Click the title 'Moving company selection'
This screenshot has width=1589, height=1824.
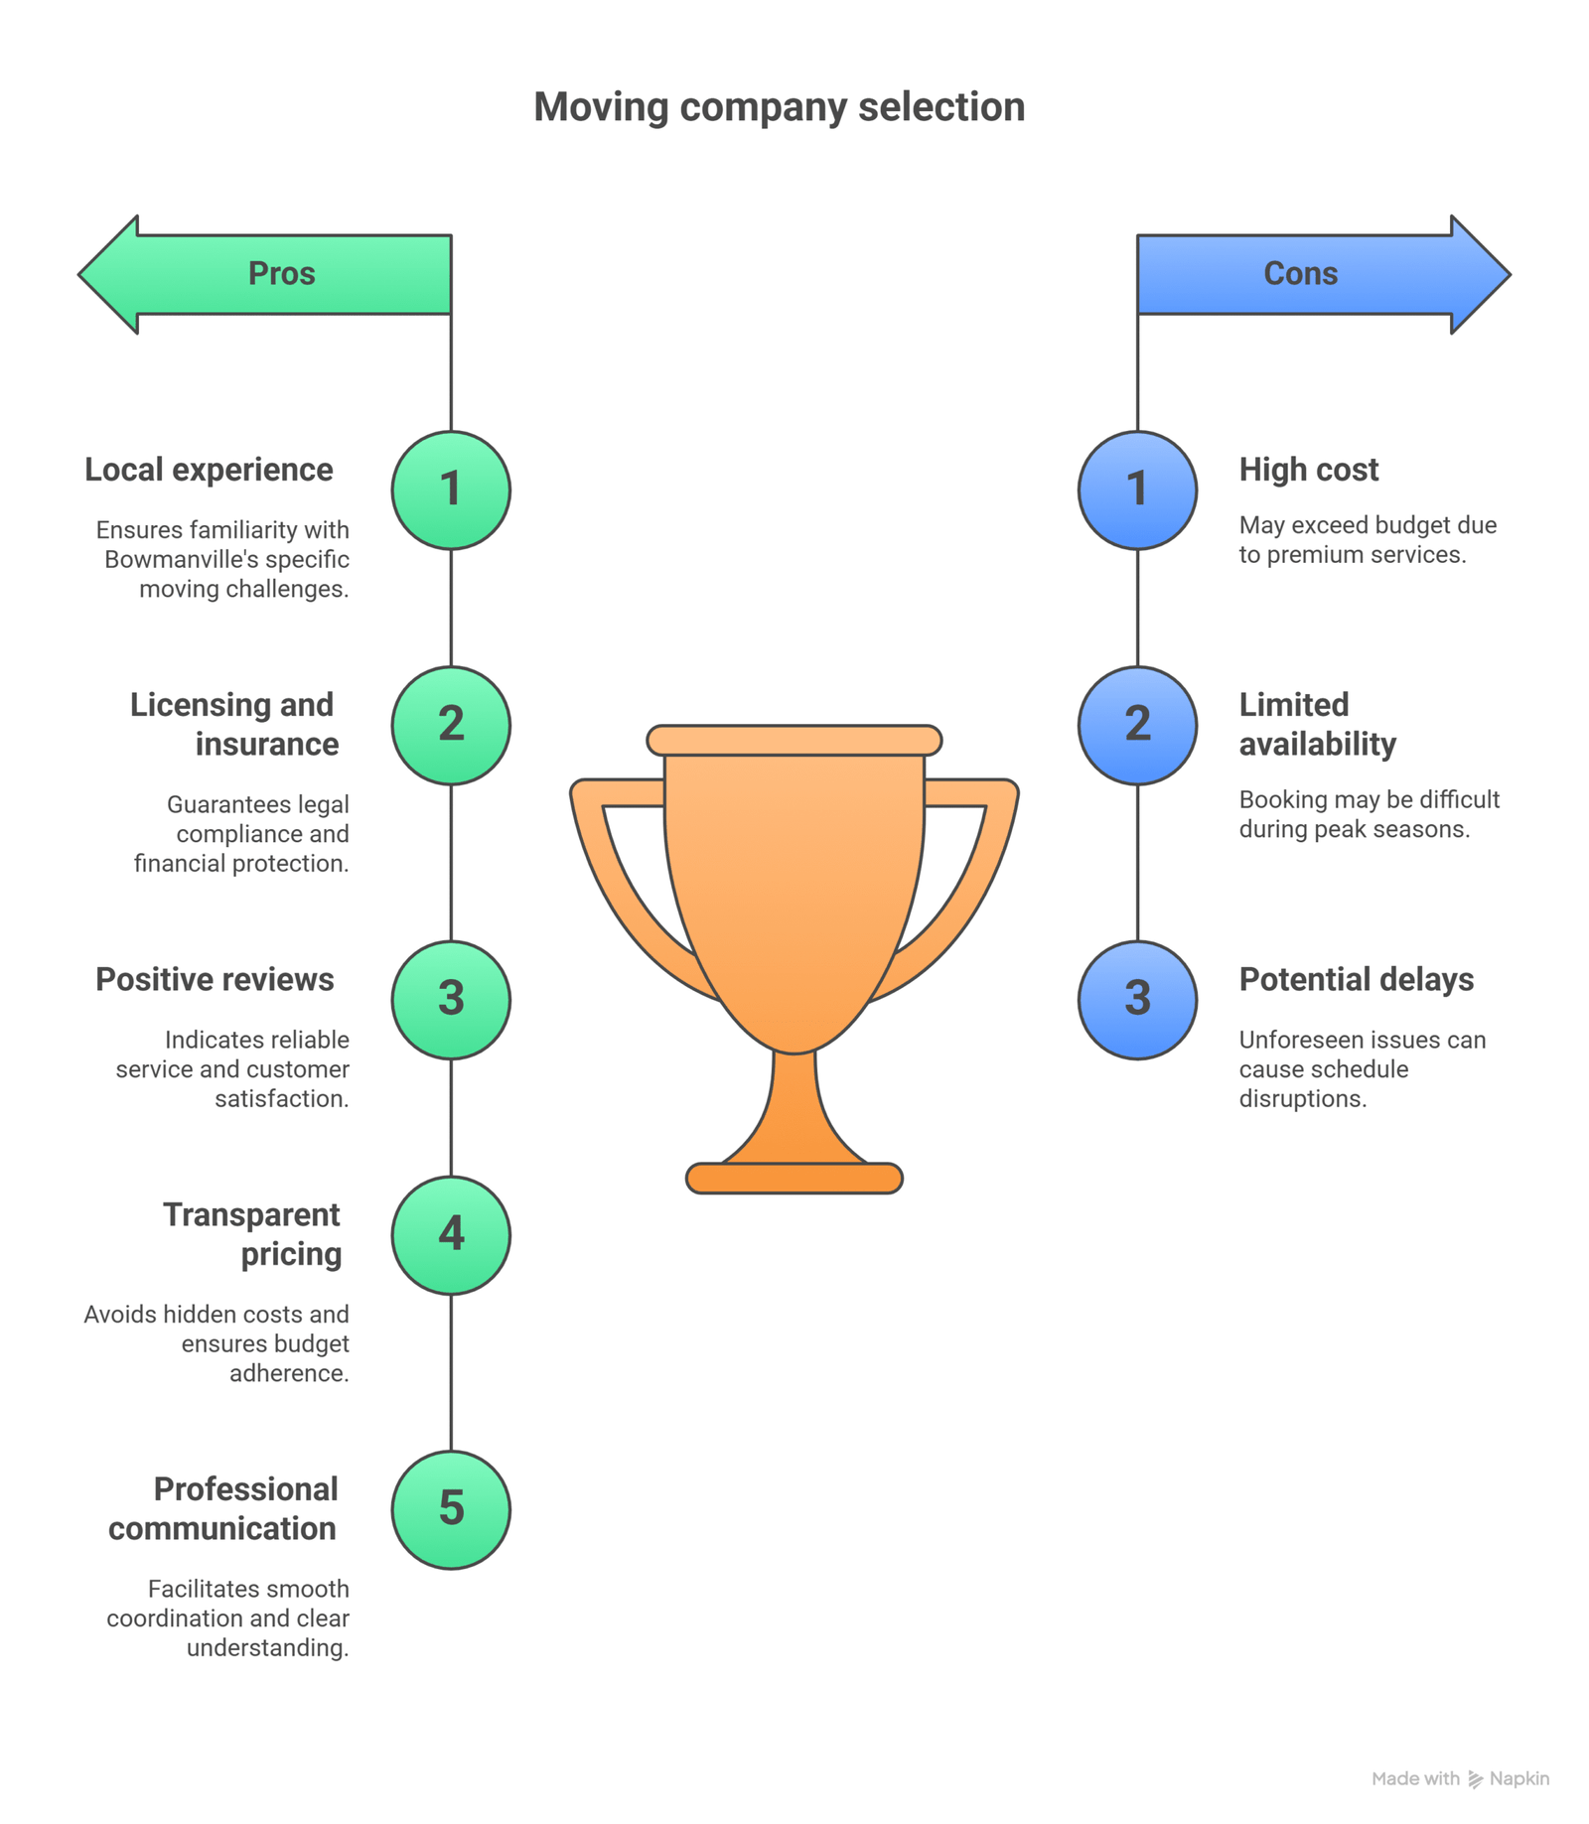pos(779,107)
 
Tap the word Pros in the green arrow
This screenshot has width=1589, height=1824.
pos(281,273)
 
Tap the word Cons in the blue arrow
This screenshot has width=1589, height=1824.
pos(1299,273)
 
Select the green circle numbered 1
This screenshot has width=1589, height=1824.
pos(451,490)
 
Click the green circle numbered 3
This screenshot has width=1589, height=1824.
pos(451,999)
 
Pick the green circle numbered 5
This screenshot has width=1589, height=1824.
pos(451,1509)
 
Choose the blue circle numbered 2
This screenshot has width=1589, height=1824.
pos(1137,725)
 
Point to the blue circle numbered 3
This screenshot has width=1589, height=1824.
pos(1137,999)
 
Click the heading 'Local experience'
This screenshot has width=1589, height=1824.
pos(209,470)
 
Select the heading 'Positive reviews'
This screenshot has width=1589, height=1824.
pos(215,979)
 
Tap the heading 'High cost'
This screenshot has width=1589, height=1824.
pos(1308,470)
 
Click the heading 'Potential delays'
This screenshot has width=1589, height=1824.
pos(1356,979)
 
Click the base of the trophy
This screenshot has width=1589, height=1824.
pos(794,1178)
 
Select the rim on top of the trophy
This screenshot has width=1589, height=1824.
pos(794,740)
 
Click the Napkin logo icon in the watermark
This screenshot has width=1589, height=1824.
pos(1475,1779)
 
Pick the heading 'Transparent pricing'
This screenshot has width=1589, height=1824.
pos(253,1234)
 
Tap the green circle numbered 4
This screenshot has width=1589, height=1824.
pos(451,1234)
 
